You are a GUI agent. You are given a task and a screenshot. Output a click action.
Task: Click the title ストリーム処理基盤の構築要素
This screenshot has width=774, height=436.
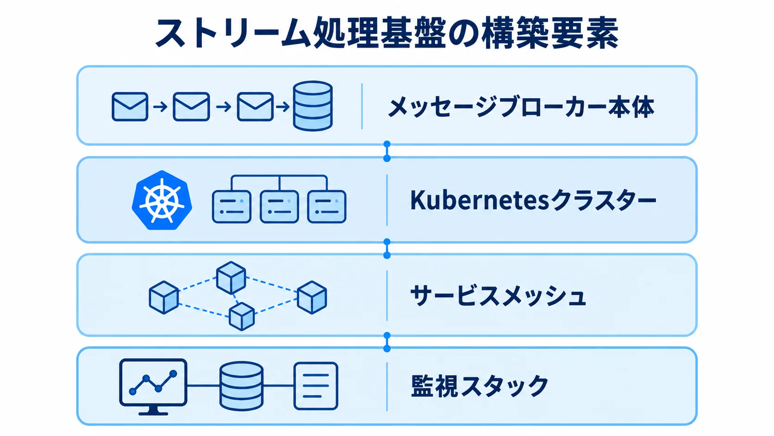click(387, 33)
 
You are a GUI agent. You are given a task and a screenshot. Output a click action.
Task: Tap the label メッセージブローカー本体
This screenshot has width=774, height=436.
click(521, 107)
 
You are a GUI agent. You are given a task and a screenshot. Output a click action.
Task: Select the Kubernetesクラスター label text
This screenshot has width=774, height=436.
click(533, 200)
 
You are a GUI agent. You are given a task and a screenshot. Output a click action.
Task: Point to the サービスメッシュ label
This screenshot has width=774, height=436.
click(498, 296)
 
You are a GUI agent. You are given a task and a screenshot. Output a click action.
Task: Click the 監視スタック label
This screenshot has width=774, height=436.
click(479, 385)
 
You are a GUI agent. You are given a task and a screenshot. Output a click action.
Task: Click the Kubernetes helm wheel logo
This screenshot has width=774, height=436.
click(162, 200)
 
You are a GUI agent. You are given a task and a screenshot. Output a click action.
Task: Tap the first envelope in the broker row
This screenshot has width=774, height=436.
click(130, 107)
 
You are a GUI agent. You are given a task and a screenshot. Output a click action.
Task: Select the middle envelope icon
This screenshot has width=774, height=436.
click(191, 107)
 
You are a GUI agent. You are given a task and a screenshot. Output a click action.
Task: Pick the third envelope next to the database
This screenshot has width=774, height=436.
click(255, 107)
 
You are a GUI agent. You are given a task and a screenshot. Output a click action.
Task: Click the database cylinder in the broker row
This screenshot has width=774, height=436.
click(313, 106)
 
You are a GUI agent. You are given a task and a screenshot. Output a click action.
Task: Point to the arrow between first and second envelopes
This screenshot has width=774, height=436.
click(160, 107)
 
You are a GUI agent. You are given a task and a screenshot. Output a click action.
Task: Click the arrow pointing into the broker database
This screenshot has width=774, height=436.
click(283, 107)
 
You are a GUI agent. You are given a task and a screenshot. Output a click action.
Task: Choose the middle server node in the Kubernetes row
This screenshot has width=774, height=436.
click(279, 207)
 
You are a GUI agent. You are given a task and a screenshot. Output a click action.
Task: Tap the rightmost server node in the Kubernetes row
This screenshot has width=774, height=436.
click(326, 207)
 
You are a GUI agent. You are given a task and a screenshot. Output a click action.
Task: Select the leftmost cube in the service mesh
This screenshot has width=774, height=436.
click(164, 297)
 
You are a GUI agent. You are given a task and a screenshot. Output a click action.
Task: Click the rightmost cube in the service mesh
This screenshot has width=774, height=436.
click(312, 297)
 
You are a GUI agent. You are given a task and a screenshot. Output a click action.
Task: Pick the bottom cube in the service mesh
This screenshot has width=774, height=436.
click(242, 316)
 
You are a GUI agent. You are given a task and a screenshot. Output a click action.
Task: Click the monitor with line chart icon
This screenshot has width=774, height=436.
click(153, 386)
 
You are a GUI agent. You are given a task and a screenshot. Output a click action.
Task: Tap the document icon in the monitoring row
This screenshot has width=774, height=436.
click(315, 386)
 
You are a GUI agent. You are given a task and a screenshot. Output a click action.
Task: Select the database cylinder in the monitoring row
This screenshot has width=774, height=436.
click(241, 386)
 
